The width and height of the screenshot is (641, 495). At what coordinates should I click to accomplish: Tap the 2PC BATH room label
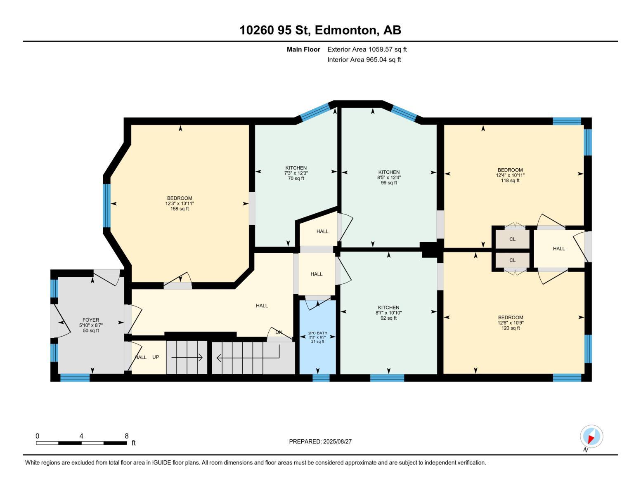pyautogui.click(x=317, y=333)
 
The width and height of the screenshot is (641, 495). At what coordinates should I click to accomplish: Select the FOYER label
pyautogui.click(x=91, y=320)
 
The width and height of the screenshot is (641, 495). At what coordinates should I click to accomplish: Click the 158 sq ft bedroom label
pyautogui.click(x=180, y=203)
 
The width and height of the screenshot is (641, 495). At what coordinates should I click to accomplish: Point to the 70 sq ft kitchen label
pyautogui.click(x=296, y=173)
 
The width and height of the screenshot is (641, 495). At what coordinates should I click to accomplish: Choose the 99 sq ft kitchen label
pyautogui.click(x=389, y=177)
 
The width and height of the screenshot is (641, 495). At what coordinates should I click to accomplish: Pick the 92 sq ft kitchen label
pyautogui.click(x=388, y=313)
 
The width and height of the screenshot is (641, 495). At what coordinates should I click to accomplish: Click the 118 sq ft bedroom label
pyautogui.click(x=510, y=175)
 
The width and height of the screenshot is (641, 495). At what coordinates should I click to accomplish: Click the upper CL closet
pyautogui.click(x=512, y=239)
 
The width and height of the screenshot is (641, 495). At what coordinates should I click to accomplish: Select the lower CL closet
pyautogui.click(x=512, y=260)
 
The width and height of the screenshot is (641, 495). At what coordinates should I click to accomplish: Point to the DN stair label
pyautogui.click(x=279, y=332)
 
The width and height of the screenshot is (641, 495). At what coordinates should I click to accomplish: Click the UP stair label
pyautogui.click(x=156, y=357)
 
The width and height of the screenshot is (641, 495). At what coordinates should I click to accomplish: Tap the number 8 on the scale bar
pyautogui.click(x=126, y=436)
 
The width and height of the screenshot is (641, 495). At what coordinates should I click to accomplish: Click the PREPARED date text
pyautogui.click(x=320, y=441)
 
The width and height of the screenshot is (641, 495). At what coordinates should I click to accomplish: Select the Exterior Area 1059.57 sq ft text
pyautogui.click(x=367, y=49)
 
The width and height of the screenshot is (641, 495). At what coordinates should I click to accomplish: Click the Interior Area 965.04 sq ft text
pyautogui.click(x=364, y=60)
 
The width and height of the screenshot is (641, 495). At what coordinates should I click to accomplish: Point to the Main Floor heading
pyautogui.click(x=303, y=49)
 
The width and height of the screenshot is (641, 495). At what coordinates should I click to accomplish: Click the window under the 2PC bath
pyautogui.click(x=321, y=377)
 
